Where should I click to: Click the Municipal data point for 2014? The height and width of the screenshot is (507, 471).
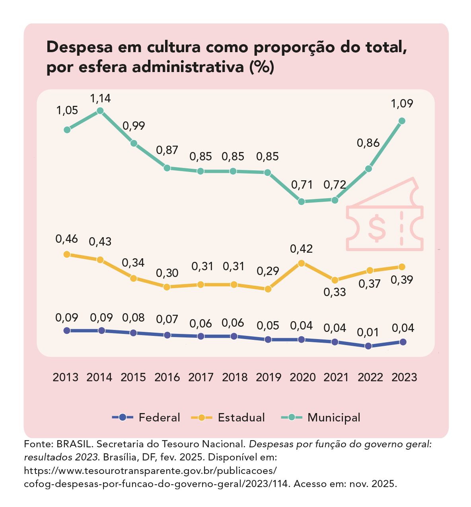[100, 111]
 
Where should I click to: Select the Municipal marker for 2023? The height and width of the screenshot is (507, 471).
[402, 121]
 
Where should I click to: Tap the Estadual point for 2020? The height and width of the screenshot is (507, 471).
[302, 263]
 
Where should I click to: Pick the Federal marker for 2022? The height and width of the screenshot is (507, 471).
[368, 346]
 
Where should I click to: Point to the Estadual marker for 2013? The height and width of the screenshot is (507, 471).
[67, 254]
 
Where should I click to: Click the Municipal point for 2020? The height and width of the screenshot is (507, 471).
[302, 201]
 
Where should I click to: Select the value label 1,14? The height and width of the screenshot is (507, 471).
[100, 98]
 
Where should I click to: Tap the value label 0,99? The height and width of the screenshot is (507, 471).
[134, 126]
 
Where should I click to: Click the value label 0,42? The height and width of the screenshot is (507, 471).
[302, 249]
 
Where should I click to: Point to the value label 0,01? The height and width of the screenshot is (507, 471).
[368, 332]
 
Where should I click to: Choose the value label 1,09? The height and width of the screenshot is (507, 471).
[402, 104]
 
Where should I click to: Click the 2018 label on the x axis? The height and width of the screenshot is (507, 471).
[235, 377]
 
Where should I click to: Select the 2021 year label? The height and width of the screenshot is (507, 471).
[336, 377]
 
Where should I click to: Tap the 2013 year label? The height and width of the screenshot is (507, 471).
[66, 377]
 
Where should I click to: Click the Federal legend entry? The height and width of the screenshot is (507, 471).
[146, 417]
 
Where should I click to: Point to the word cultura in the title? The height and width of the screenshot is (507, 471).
[173, 47]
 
